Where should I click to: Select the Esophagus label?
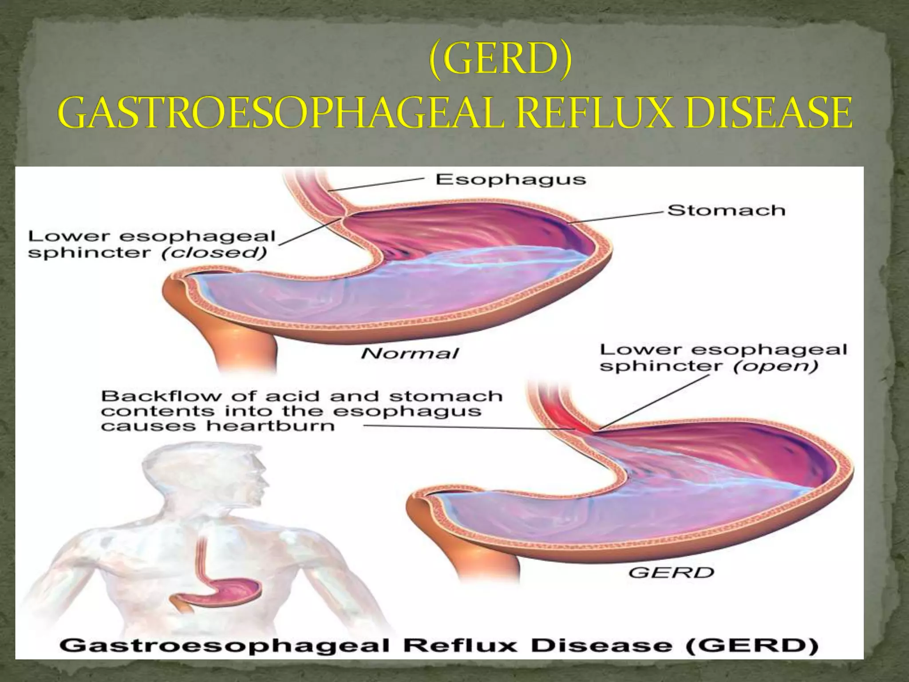pos(510,179)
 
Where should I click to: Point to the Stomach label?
pos(726,210)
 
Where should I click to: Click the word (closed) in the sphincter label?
pos(214,253)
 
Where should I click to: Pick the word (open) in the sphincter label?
pos(775,366)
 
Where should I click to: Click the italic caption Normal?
pos(409,353)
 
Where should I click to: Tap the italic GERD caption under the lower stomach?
pos(671,573)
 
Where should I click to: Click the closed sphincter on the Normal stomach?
pos(343,216)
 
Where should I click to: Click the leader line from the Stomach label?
pos(617,218)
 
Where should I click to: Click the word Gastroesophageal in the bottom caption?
pos(224,645)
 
